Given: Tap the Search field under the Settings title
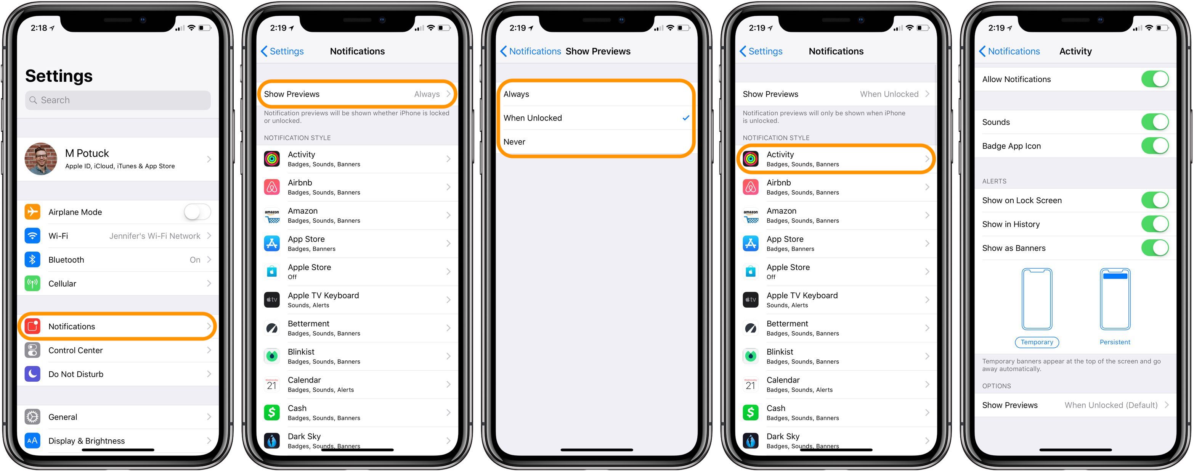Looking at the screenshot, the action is (118, 100).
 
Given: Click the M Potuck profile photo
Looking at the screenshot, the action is (41, 159).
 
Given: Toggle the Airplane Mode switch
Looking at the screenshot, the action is (197, 212).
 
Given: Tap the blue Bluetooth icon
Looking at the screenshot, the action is (32, 260).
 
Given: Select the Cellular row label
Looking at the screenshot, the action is (62, 284).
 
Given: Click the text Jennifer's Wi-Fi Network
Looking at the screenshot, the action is (155, 236).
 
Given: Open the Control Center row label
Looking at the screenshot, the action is (75, 350).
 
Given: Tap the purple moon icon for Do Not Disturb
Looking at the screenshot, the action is (32, 374).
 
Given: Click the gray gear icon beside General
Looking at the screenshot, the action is (32, 417).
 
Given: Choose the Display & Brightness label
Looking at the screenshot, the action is (87, 441).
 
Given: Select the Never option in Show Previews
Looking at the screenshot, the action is (515, 142).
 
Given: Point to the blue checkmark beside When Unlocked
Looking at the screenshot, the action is (686, 118).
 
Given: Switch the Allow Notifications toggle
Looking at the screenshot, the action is (1155, 79).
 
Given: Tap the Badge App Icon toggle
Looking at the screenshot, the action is (1155, 146).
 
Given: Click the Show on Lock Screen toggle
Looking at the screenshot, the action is (1155, 200).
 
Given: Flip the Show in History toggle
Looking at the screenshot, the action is (1155, 224).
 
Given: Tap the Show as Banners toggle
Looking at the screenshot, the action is (1155, 248).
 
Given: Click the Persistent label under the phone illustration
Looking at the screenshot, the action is (1115, 342).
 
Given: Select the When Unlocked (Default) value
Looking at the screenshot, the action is (1111, 405).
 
